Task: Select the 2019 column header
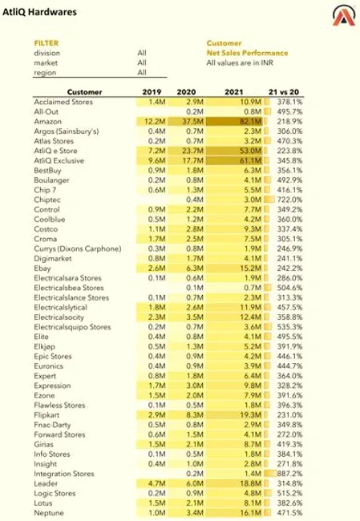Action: pos(152,91)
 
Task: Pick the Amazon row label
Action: pos(48,120)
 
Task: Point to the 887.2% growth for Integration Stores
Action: pos(289,475)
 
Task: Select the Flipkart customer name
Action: pos(48,415)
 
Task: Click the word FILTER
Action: pos(47,43)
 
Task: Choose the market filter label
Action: pos(45,63)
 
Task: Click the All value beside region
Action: pos(142,72)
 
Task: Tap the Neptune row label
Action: pos(49,513)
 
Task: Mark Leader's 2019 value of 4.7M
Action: pos(156,483)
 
